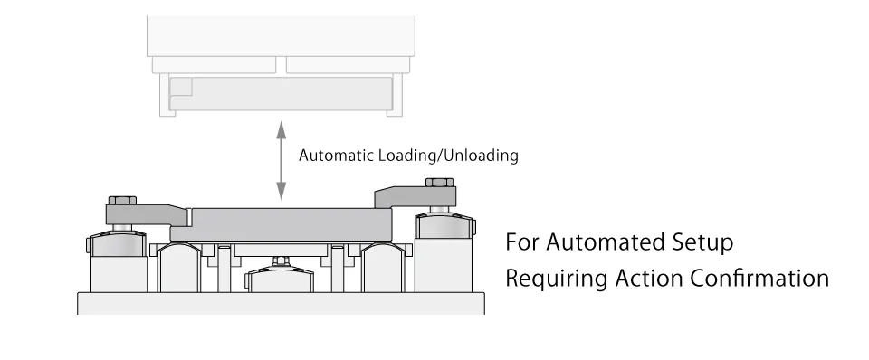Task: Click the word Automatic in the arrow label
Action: pyautogui.click(x=337, y=156)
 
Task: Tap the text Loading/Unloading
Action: pyautogui.click(x=448, y=156)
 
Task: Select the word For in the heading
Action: pyautogui.click(x=522, y=242)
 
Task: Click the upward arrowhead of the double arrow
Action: pyautogui.click(x=281, y=130)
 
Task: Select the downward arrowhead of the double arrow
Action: pyautogui.click(x=281, y=191)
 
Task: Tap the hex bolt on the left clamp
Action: pyautogui.click(x=122, y=201)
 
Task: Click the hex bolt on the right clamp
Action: pyautogui.click(x=440, y=182)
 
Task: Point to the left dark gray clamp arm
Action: pyautogui.click(x=147, y=215)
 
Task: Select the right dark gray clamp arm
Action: pyautogui.click(x=415, y=197)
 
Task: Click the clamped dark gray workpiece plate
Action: pyautogui.click(x=282, y=225)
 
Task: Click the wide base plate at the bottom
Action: pyautogui.click(x=281, y=303)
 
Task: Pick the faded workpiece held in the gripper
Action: pyautogui.click(x=281, y=93)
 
